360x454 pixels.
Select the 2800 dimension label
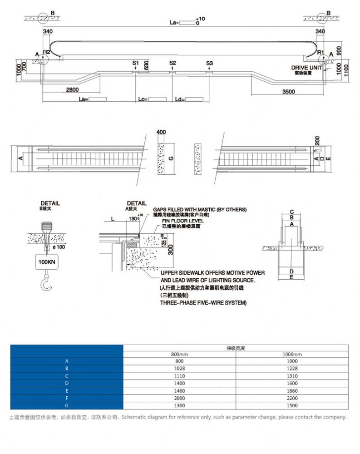[72, 90]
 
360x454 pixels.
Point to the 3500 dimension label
[288, 92]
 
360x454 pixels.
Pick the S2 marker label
[173, 63]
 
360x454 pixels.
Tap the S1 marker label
[135, 63]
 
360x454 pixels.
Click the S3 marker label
[209, 63]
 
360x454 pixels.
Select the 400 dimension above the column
[161, 132]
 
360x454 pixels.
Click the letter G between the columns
[171, 158]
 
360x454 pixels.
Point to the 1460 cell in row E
[179, 390]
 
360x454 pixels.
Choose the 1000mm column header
[292, 354]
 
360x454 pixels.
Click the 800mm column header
[179, 354]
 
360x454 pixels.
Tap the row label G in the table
[66, 405]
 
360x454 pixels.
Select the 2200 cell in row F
[292, 398]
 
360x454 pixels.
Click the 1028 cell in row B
[179, 369]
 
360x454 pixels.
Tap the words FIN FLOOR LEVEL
[177, 220]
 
